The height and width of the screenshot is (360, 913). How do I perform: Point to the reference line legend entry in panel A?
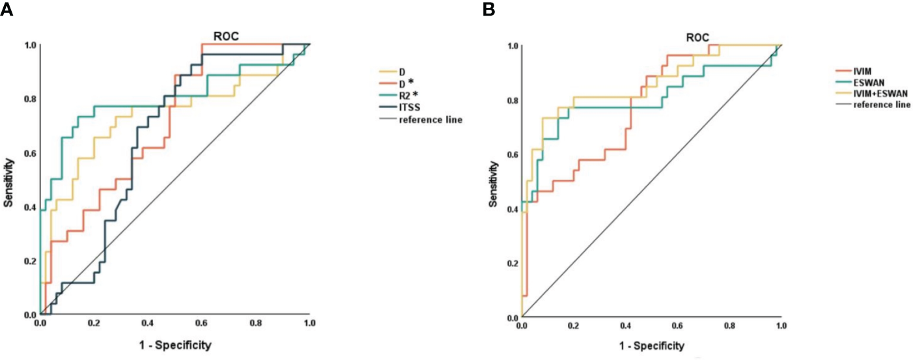click(430, 120)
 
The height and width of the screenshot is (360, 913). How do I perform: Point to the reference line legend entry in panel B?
click(882, 105)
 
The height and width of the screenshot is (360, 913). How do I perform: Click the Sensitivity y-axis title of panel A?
click(8, 180)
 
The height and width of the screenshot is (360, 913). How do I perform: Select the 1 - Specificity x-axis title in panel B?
click(650, 345)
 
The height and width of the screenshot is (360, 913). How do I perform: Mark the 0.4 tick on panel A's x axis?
click(148, 323)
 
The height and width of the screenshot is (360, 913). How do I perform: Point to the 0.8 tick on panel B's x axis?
click(729, 324)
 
